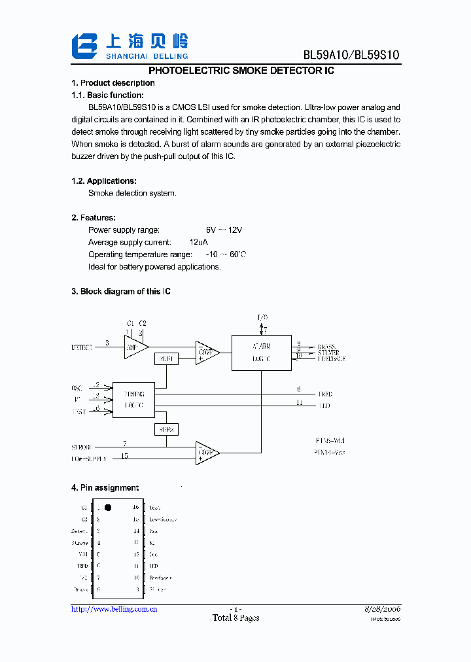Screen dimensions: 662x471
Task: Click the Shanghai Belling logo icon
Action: [84, 46]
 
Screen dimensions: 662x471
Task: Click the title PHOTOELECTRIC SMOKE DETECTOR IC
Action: [241, 70]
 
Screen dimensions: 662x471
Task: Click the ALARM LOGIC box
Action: [261, 353]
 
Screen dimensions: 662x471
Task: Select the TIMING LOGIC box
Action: [133, 400]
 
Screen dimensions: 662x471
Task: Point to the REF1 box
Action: [166, 359]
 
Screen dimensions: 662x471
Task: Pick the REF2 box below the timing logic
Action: [166, 430]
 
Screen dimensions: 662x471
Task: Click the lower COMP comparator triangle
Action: [206, 452]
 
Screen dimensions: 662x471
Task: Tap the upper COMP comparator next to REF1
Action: [206, 353]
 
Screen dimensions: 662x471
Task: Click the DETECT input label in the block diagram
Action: [82, 347]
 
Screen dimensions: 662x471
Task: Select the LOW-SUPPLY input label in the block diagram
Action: [89, 459]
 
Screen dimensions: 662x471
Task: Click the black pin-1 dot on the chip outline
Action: [108, 507]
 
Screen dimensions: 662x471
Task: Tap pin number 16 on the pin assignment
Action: [136, 508]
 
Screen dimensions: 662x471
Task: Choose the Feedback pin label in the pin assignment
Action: [160, 578]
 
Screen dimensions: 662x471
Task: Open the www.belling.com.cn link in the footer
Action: [114, 609]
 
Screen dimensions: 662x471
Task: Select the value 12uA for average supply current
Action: [217, 243]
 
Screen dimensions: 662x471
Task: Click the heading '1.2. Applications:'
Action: [103, 181]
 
